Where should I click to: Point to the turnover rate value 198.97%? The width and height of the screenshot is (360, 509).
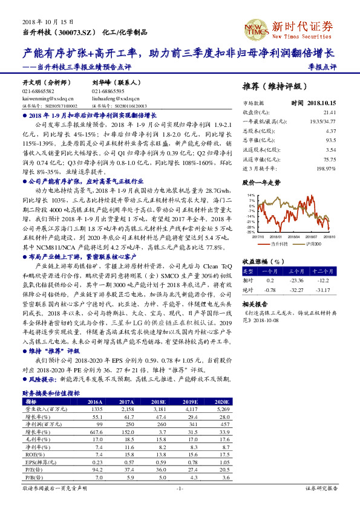326,168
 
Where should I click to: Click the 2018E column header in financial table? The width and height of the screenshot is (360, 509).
159,401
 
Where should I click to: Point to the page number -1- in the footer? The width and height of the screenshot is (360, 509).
179,487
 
